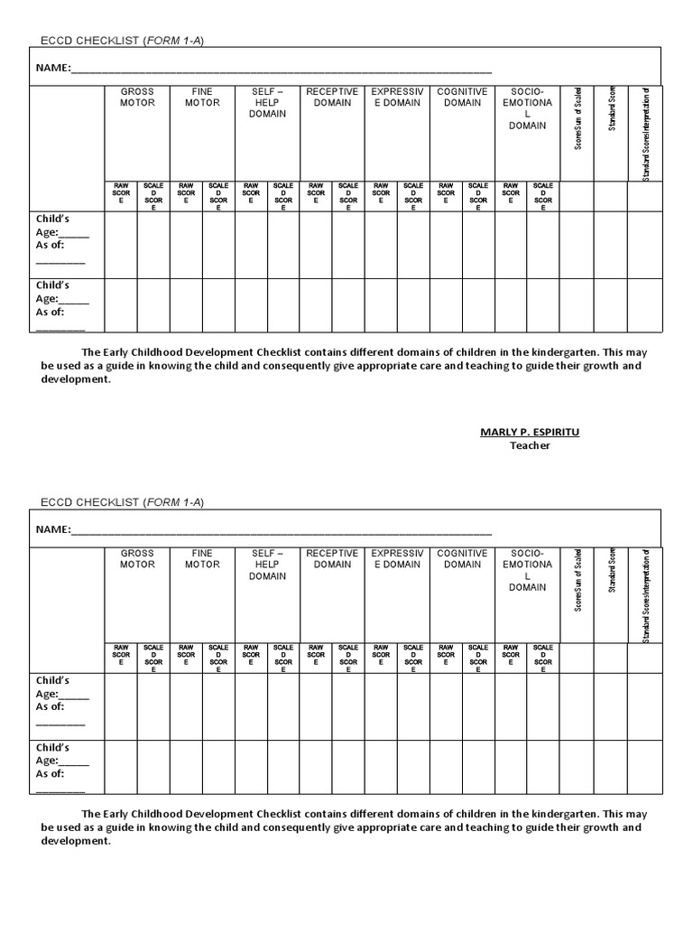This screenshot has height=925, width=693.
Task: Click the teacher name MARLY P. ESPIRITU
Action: (x=529, y=432)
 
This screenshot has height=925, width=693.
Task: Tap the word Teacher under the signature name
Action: (x=529, y=445)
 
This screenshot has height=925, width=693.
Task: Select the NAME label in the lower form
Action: (x=52, y=530)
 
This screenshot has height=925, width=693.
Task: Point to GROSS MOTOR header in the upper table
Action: (x=137, y=98)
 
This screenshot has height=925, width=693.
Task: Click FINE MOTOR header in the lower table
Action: (x=202, y=559)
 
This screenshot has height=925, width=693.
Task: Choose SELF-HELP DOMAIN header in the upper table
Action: (x=267, y=103)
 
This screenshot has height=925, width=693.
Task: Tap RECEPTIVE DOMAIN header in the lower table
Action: (x=332, y=559)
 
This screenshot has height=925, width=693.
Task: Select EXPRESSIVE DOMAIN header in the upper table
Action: (x=397, y=98)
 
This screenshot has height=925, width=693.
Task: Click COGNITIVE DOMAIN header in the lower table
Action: (x=462, y=559)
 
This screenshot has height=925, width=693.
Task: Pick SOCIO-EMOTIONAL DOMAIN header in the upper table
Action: (x=527, y=108)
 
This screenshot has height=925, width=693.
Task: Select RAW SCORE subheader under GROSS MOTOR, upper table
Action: (x=121, y=196)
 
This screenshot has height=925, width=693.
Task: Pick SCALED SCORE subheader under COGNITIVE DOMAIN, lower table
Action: (x=478, y=659)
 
